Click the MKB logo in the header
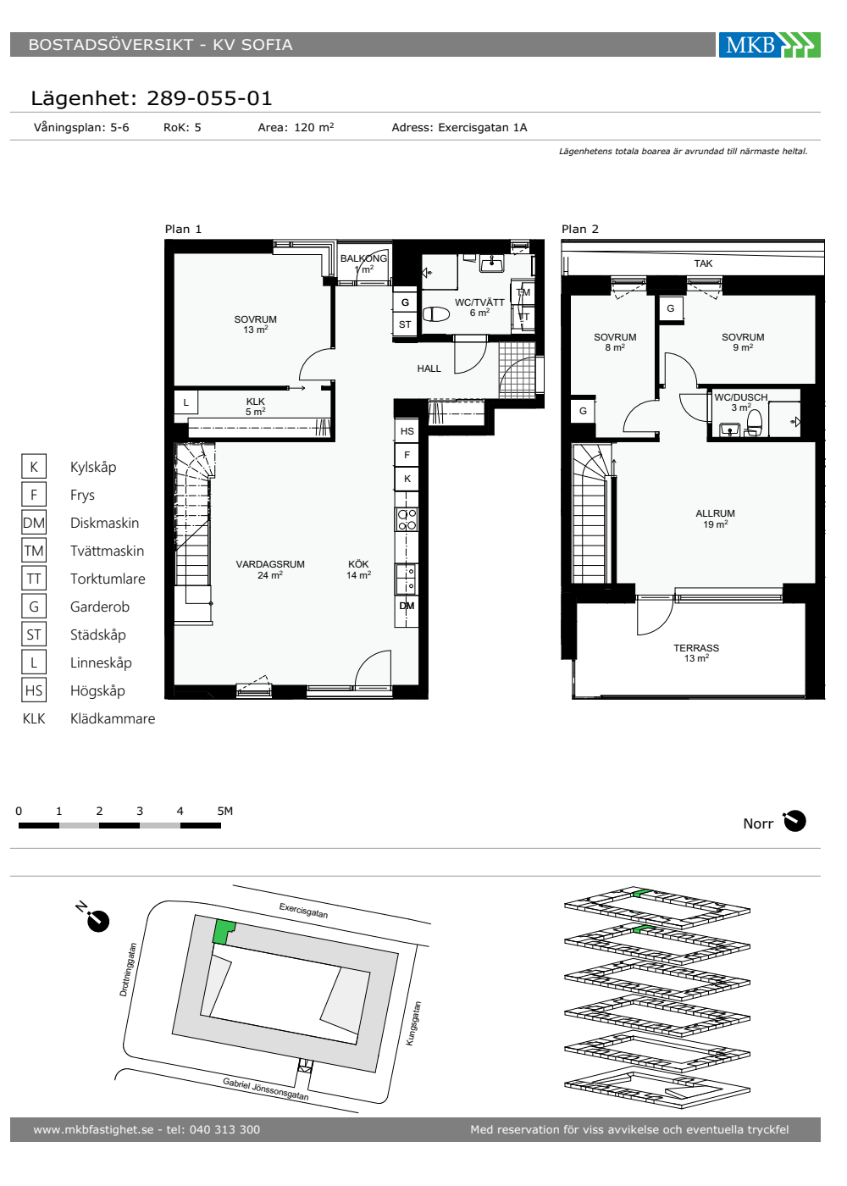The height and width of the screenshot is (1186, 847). pos(769,44)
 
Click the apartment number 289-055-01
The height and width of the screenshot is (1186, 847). pos(209,98)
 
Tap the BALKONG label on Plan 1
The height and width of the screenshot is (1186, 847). pos(363,258)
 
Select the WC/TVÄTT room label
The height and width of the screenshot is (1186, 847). pos(479,302)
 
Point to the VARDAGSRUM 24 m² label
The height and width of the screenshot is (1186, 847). pos(270,569)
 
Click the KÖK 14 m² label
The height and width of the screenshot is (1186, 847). pos(358,569)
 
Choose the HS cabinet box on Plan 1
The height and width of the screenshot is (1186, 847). pos(407,431)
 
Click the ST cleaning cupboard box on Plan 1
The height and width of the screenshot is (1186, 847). pos(405,324)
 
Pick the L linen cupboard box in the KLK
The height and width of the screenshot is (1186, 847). pos(185,402)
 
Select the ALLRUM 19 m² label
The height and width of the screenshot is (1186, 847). pos(715,518)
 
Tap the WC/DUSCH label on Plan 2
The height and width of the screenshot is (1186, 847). pos(740,397)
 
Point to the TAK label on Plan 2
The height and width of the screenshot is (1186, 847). pos(703,263)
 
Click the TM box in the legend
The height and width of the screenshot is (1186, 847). pos(34,551)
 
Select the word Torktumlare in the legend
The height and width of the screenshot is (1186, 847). pos(108,579)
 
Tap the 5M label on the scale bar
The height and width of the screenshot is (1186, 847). pos(225,811)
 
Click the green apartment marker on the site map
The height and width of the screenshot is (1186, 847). pos(224,932)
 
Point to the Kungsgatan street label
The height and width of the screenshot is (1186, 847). pos(413,1023)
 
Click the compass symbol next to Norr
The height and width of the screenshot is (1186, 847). pos(794,821)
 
